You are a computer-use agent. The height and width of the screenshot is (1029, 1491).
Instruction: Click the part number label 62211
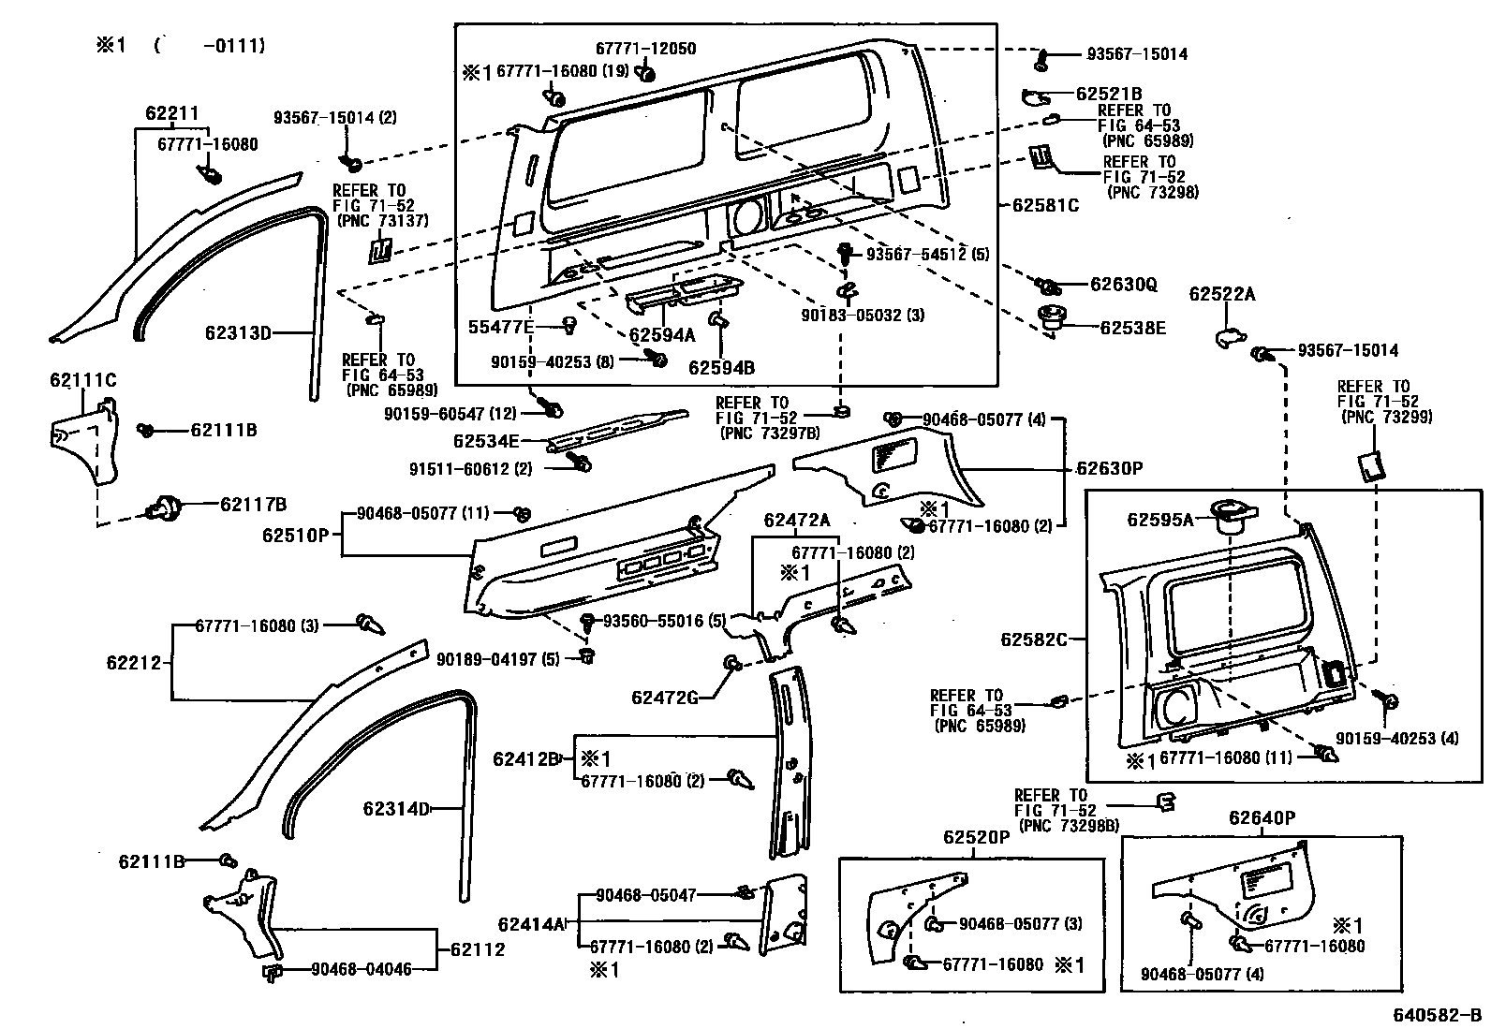coord(171,114)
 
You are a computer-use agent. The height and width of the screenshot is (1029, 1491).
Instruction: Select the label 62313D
coord(238,332)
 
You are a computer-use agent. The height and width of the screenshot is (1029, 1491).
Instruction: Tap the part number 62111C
coord(82,380)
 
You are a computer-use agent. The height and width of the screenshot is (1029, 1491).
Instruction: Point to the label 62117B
coord(253,505)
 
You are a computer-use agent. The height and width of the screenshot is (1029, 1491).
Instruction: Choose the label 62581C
coord(1045,205)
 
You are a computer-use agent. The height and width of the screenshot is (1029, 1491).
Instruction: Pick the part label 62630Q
coord(1124,284)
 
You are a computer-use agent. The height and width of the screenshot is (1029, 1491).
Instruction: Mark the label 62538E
coord(1132,328)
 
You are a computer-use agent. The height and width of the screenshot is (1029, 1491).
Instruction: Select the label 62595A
coord(1159,520)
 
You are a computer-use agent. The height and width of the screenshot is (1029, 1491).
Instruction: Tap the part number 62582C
coord(1033,639)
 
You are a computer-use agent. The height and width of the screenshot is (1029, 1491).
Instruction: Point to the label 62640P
coord(1262,818)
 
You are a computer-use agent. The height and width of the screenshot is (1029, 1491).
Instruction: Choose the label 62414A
coord(531,924)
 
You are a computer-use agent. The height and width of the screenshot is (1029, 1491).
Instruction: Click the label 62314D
coord(396,809)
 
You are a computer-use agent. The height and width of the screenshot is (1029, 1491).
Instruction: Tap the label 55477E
coord(501,327)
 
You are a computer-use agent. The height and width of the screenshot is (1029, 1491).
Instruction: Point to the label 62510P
coord(295,536)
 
